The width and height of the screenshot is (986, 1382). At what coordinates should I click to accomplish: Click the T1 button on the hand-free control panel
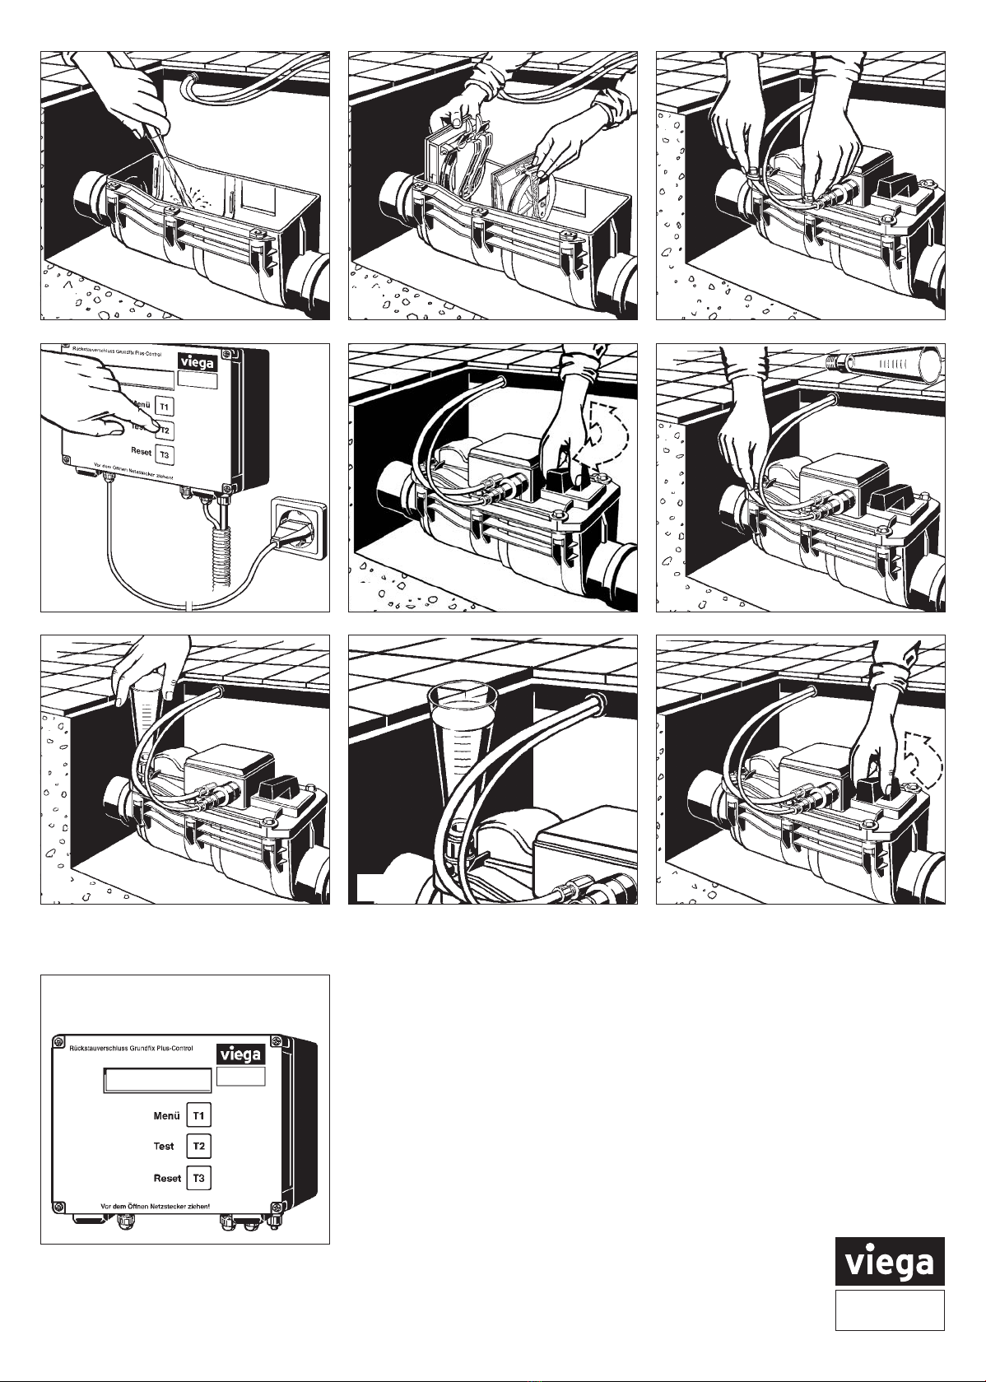198,1115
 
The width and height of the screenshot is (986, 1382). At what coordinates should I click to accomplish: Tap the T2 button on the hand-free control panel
198,1146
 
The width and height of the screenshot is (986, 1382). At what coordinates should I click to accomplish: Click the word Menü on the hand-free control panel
166,1116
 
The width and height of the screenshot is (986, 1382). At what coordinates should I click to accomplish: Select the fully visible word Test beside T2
164,1146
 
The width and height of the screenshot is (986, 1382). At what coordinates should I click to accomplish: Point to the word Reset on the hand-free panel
167,1178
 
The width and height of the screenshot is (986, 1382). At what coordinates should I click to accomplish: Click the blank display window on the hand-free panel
157,1080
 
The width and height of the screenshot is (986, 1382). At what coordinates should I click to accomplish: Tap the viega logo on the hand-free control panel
240,1054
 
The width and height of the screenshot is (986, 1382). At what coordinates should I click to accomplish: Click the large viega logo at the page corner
890,1261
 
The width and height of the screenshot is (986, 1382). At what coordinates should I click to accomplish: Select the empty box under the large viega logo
890,1310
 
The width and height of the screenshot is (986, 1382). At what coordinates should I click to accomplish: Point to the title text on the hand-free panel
132,1048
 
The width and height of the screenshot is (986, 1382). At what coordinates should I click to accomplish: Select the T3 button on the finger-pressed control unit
164,454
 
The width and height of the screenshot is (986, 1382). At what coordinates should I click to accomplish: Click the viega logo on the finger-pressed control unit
198,362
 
